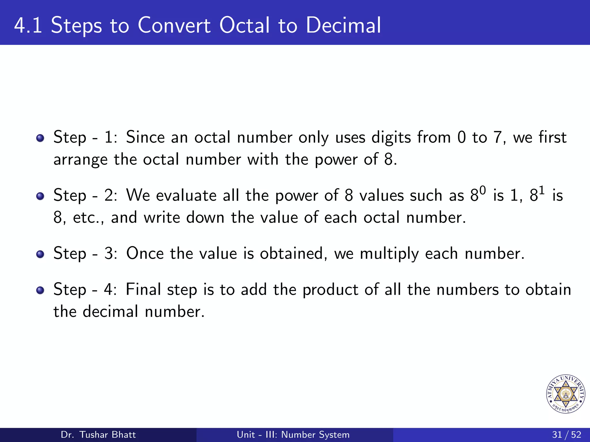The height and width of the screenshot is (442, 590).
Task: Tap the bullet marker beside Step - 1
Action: [40, 138]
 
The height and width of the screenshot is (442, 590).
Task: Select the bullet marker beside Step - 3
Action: [40, 254]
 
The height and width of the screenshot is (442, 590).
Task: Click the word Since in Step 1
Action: [145, 137]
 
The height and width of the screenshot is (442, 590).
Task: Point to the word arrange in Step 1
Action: [80, 160]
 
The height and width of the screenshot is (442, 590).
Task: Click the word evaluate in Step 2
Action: [186, 196]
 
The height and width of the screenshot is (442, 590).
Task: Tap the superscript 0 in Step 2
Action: [483, 190]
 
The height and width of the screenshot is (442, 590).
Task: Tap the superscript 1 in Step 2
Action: [542, 190]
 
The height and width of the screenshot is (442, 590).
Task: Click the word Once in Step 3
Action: [145, 254]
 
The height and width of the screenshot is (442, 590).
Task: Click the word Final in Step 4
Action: [143, 289]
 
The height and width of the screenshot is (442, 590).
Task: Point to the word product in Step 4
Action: [330, 290]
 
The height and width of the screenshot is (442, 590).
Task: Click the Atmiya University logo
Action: [566, 394]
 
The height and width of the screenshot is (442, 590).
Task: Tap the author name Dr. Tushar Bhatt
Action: [98, 435]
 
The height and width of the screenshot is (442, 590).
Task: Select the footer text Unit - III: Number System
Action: [293, 435]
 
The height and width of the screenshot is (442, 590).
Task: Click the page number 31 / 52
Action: [566, 435]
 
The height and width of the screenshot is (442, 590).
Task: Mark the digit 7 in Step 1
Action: [498, 137]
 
